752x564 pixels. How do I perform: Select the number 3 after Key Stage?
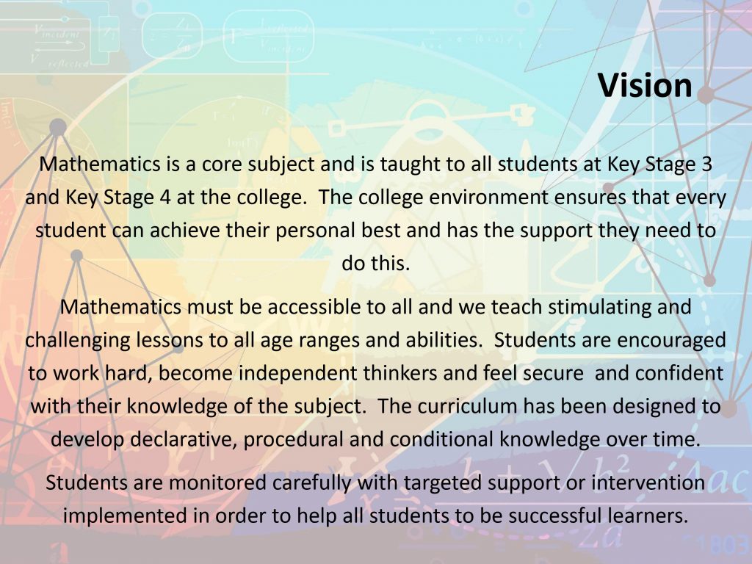pyautogui.click(x=706, y=164)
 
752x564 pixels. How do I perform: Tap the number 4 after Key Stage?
pyautogui.click(x=165, y=197)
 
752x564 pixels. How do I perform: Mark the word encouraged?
pyautogui.click(x=671, y=340)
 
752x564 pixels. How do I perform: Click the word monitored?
pyautogui.click(x=217, y=482)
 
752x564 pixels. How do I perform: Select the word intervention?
pyautogui.click(x=648, y=482)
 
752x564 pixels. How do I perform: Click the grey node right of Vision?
pyautogui.click(x=706, y=95)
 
